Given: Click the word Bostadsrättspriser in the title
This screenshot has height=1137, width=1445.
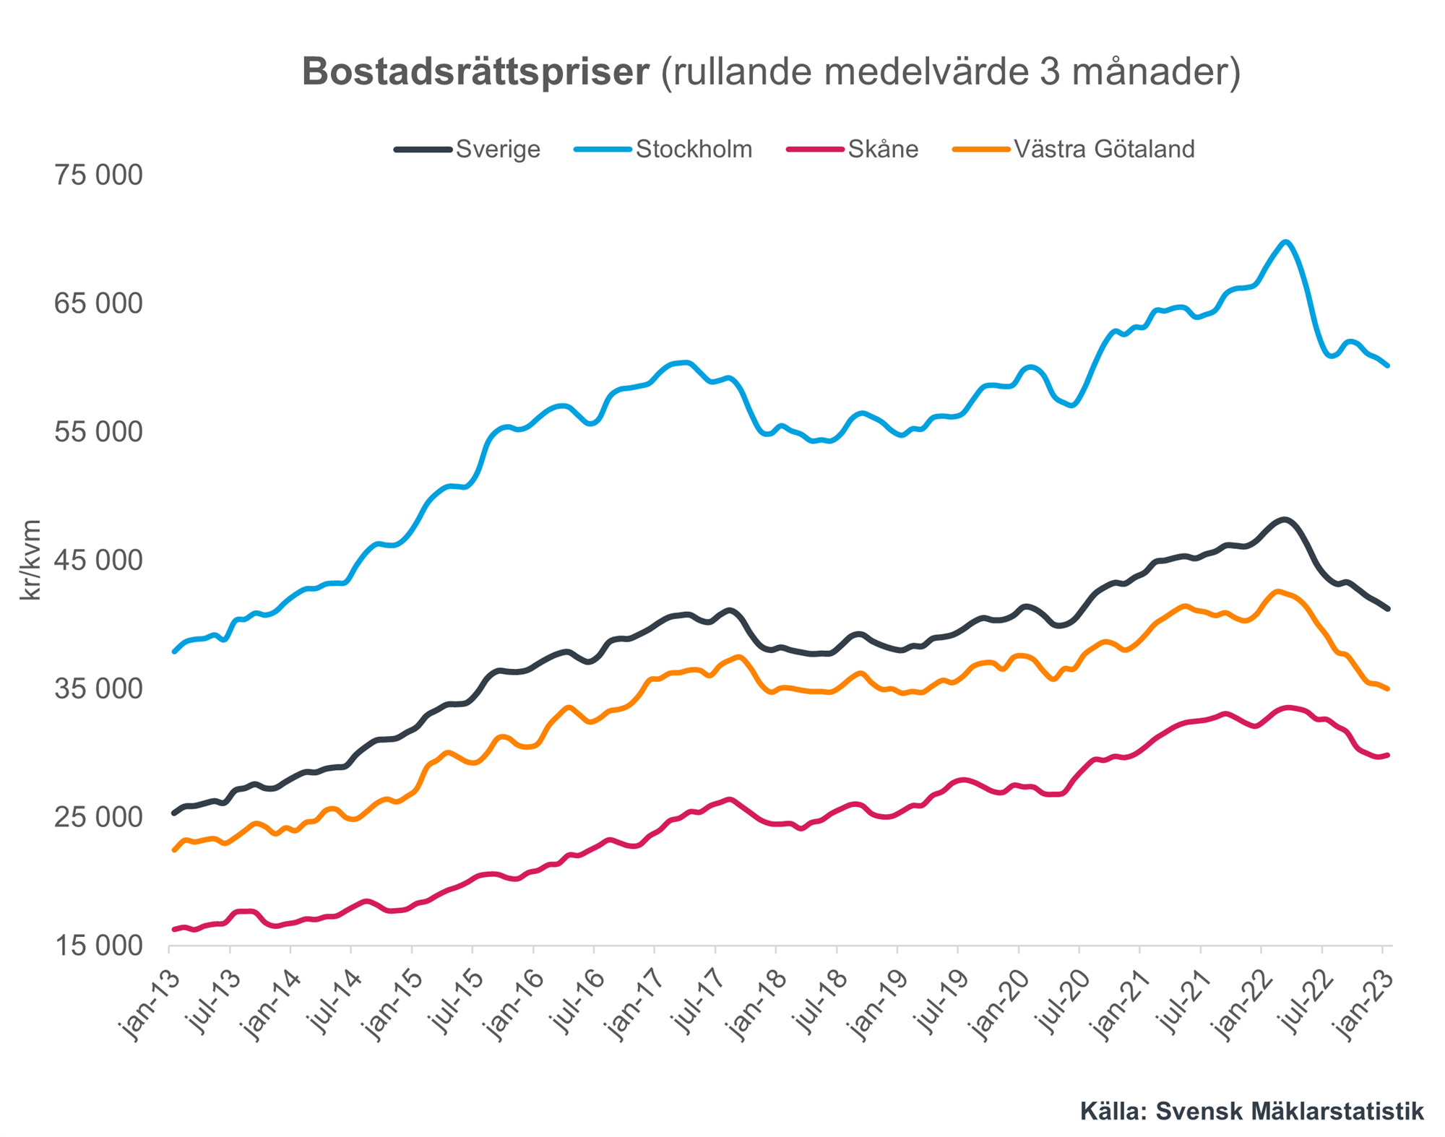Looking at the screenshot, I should pyautogui.click(x=475, y=72).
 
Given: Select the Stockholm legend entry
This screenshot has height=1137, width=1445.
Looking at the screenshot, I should pyautogui.click(x=693, y=150).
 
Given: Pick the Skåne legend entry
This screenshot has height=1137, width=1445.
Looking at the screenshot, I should pyautogui.click(x=882, y=150).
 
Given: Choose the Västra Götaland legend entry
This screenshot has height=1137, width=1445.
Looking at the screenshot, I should pyautogui.click(x=1103, y=150).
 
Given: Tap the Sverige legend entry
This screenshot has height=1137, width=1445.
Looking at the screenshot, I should pyautogui.click(x=498, y=150).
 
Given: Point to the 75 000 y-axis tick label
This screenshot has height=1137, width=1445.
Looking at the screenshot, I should pyautogui.click(x=98, y=176).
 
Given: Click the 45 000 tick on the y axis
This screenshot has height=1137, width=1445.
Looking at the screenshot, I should pyautogui.click(x=98, y=561).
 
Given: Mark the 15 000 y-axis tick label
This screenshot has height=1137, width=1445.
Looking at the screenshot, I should pyautogui.click(x=98, y=946).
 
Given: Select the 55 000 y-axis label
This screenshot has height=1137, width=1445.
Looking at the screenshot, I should pyautogui.click(x=98, y=432).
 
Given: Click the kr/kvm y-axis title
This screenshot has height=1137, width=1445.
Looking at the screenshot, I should pyautogui.click(x=30, y=560).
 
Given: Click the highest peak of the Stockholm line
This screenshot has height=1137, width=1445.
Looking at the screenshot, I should pyautogui.click(x=1285, y=242).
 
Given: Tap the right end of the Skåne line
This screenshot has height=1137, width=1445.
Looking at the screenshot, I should pyautogui.click(x=1388, y=755).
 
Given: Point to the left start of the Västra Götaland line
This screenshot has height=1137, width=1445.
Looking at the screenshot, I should pyautogui.click(x=174, y=849).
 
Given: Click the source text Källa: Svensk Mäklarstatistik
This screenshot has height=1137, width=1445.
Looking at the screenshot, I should pyautogui.click(x=1251, y=1111).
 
